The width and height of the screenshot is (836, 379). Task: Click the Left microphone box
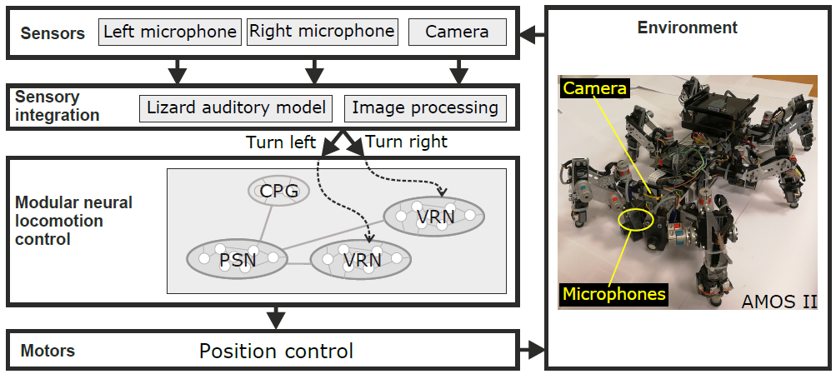[x=170, y=32]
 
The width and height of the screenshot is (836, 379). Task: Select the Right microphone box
[x=322, y=32]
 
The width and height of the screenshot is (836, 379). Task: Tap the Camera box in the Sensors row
[x=457, y=32]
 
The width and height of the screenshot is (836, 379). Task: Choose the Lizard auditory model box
[x=236, y=107]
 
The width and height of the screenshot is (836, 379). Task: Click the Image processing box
[x=424, y=107]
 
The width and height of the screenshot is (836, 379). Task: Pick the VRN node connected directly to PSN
[x=361, y=259]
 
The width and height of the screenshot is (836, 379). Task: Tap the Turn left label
[x=281, y=142]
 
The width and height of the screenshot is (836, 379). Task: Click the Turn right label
[x=406, y=142]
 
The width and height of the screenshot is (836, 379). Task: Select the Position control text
[x=276, y=351]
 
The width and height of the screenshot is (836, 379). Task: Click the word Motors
[x=47, y=351]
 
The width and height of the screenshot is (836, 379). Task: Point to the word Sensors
[x=53, y=34]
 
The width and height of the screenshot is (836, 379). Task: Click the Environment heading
[x=687, y=27]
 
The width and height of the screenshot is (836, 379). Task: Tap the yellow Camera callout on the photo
[x=594, y=87]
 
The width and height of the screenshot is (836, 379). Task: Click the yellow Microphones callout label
[x=613, y=293]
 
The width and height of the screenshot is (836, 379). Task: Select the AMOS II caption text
[x=778, y=302]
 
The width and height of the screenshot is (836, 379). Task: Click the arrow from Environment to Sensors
[x=532, y=35]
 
